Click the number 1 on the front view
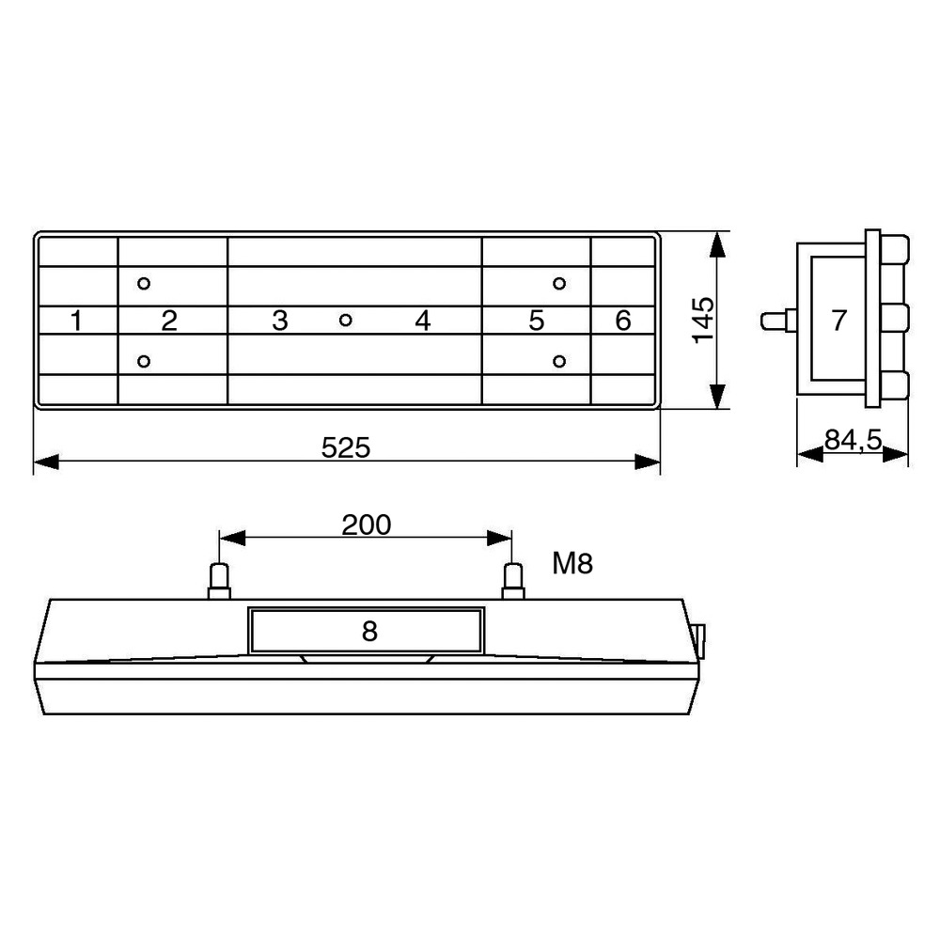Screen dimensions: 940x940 pyautogui.click(x=76, y=321)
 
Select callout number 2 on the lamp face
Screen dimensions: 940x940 pyautogui.click(x=169, y=321)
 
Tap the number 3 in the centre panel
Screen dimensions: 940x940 pyautogui.click(x=280, y=321)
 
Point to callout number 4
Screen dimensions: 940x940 pyautogui.click(x=423, y=321)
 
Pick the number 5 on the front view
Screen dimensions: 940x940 pyautogui.click(x=537, y=321)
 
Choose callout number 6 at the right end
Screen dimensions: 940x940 pyautogui.click(x=623, y=321)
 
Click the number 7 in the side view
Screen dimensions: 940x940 pyautogui.click(x=838, y=321)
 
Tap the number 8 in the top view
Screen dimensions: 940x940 pyautogui.click(x=369, y=632)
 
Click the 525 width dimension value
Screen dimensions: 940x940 pyautogui.click(x=346, y=447)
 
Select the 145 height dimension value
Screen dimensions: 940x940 pyautogui.click(x=703, y=321)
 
